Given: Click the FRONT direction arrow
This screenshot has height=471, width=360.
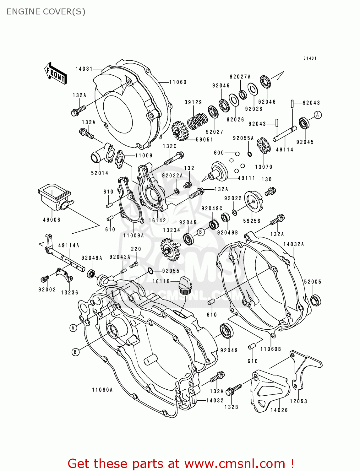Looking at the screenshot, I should [x=56, y=73].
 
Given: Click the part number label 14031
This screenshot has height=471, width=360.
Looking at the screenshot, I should [x=84, y=69].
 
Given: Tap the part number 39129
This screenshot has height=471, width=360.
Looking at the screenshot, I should [x=193, y=102].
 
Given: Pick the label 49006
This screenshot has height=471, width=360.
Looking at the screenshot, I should [x=52, y=220].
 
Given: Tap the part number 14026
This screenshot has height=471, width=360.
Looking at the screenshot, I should [x=279, y=410].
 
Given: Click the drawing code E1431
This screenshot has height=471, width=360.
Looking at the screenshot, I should [x=310, y=58].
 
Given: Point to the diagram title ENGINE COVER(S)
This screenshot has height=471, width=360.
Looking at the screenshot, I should [x=46, y=12].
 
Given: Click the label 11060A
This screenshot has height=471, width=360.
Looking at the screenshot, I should [x=102, y=390].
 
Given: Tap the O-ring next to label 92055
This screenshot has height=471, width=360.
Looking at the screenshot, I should [x=150, y=271].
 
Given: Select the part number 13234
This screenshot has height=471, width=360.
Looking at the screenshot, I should [x=172, y=230].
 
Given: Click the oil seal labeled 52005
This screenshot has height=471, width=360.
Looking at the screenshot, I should [x=315, y=300].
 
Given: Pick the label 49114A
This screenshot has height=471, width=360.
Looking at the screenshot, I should [x=69, y=246].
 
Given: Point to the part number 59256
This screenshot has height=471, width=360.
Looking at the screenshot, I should [x=252, y=221].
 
